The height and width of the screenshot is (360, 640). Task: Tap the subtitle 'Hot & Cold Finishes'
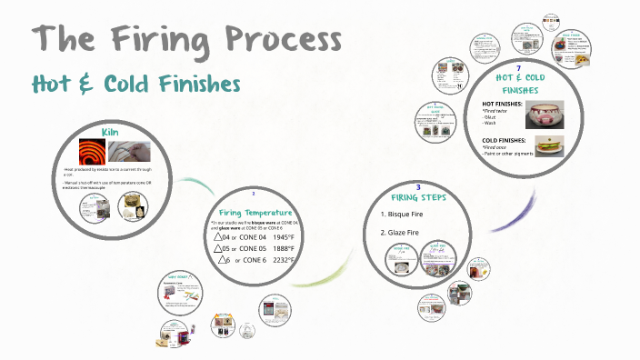[135, 85]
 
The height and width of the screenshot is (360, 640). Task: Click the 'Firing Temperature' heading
[255, 211]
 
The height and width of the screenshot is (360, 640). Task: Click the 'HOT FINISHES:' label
[503, 105]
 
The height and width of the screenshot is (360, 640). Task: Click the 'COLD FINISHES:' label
[505, 140]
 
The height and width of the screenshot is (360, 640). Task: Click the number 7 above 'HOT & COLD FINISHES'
[518, 69]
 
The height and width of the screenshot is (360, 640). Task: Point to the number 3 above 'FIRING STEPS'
[417, 186]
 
